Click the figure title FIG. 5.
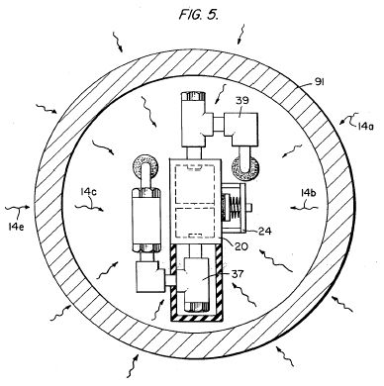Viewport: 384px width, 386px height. (199, 14)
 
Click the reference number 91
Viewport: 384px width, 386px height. (319, 81)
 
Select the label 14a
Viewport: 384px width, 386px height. (365, 126)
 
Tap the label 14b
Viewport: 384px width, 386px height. (308, 193)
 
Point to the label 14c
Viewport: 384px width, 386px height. (87, 192)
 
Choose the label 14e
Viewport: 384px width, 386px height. (16, 227)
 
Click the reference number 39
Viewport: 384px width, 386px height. (242, 101)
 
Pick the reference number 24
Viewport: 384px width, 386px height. (265, 231)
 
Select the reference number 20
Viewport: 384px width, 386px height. (240, 246)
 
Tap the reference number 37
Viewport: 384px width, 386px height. (238, 274)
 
